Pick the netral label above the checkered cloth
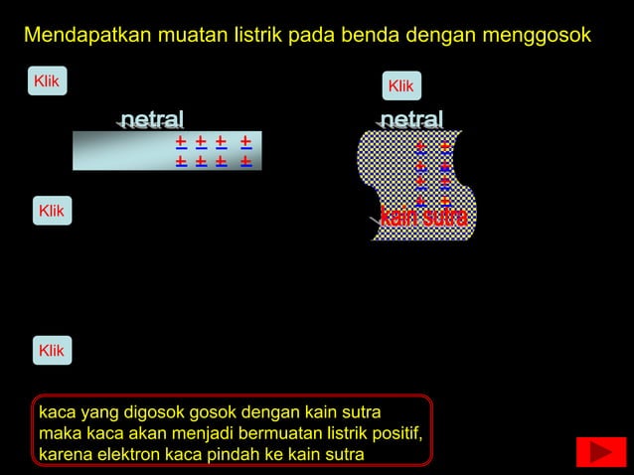tap(411, 120)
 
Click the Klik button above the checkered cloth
tap(400, 86)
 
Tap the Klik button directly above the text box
tap(51, 351)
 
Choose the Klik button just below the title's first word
tap(47, 80)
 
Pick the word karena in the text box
tap(63, 456)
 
